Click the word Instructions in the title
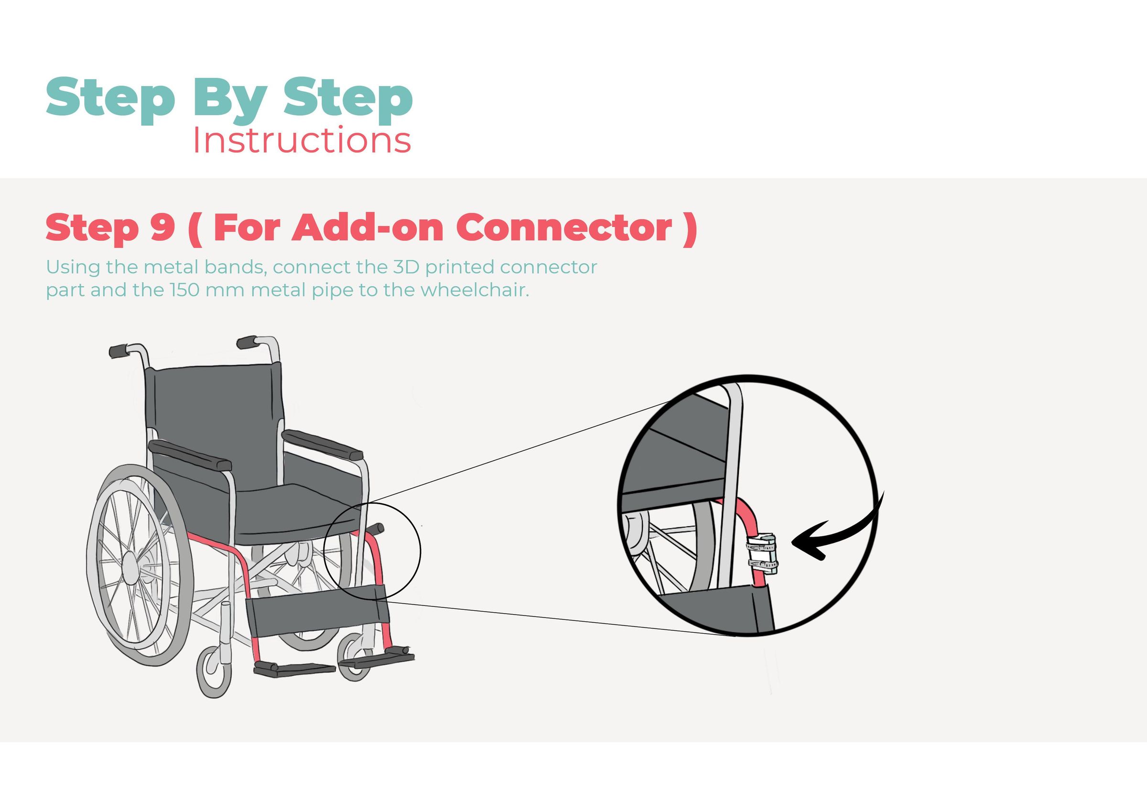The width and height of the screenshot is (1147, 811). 302,141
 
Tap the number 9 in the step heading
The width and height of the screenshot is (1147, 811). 162,227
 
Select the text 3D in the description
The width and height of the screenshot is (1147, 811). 406,267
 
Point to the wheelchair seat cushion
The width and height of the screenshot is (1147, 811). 295,515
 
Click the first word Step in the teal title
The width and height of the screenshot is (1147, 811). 110,98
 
